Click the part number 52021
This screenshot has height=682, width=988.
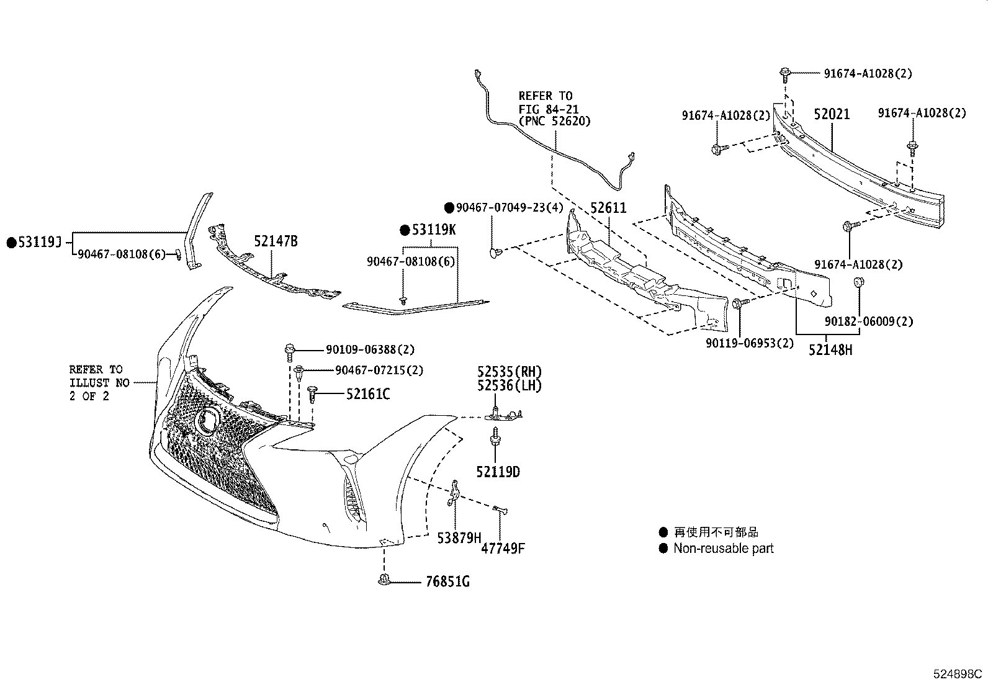click(832, 114)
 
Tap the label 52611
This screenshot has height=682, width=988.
click(608, 207)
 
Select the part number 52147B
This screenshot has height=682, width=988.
click(276, 241)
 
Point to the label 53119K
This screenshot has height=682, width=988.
click(434, 230)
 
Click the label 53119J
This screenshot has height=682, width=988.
click(39, 242)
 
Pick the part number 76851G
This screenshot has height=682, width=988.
click(447, 581)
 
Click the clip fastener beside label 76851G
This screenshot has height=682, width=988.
click(384, 580)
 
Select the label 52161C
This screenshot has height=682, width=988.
click(368, 393)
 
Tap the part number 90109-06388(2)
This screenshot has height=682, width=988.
click(370, 349)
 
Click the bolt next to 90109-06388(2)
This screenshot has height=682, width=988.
click(290, 352)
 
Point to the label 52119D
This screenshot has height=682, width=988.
click(498, 472)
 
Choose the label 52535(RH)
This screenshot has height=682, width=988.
click(510, 372)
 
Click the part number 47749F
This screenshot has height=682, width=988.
click(503, 548)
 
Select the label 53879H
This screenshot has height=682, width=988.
click(459, 537)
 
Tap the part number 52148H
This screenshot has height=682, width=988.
click(830, 350)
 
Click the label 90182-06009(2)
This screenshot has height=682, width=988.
click(869, 321)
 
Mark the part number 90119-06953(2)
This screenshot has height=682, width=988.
click(750, 343)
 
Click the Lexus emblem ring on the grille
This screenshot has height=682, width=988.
click(206, 418)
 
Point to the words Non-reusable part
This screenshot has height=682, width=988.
click(724, 548)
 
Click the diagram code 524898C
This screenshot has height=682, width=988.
click(957, 673)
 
